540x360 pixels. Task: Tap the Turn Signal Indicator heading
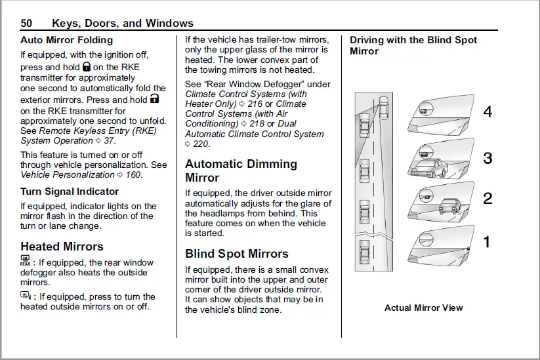tap(70, 191)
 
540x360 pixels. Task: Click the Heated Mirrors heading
tap(62, 247)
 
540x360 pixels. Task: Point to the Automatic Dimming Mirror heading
tap(241, 170)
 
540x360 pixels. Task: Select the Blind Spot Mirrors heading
tap(236, 254)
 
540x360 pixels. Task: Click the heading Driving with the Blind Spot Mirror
tap(413, 45)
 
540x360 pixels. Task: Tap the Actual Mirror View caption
tap(423, 308)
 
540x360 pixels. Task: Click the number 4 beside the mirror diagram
tap(488, 112)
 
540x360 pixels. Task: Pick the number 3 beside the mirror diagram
tap(488, 158)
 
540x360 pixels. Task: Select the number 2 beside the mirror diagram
tap(488, 199)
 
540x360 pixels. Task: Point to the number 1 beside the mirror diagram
tap(487, 242)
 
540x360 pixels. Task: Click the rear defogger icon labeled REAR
tap(26, 262)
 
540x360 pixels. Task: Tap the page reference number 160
tap(133, 174)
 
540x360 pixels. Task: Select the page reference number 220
tap(200, 144)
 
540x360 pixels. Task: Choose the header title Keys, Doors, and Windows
tap(123, 24)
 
